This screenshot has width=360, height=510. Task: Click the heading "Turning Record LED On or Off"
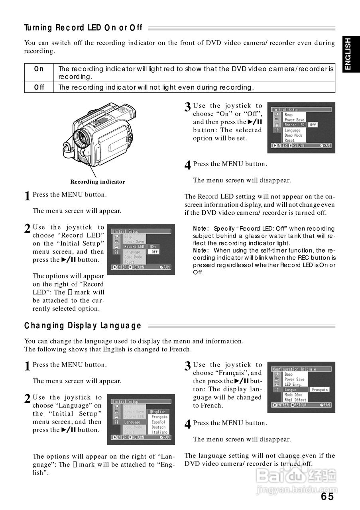(83, 28)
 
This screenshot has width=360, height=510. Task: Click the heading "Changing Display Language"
(83, 326)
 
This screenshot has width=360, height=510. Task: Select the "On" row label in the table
(39, 69)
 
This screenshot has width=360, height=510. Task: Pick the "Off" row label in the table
(39, 87)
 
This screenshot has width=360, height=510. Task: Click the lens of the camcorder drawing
(84, 137)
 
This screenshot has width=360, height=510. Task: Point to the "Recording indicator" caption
(98, 182)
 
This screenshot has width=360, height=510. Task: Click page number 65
(327, 496)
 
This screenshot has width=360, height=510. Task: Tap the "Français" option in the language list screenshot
(159, 417)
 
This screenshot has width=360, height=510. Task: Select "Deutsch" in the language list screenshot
(159, 427)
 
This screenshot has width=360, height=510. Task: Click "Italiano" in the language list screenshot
(159, 432)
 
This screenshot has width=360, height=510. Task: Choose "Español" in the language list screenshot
(159, 422)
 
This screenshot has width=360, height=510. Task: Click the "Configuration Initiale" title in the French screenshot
(294, 369)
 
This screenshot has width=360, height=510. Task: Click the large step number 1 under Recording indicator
(27, 196)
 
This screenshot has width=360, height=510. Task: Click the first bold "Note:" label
(201, 229)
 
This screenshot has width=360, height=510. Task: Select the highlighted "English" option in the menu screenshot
(159, 412)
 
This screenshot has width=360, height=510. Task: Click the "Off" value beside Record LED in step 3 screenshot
(313, 125)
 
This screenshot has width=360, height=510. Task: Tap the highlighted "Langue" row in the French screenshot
(291, 390)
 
